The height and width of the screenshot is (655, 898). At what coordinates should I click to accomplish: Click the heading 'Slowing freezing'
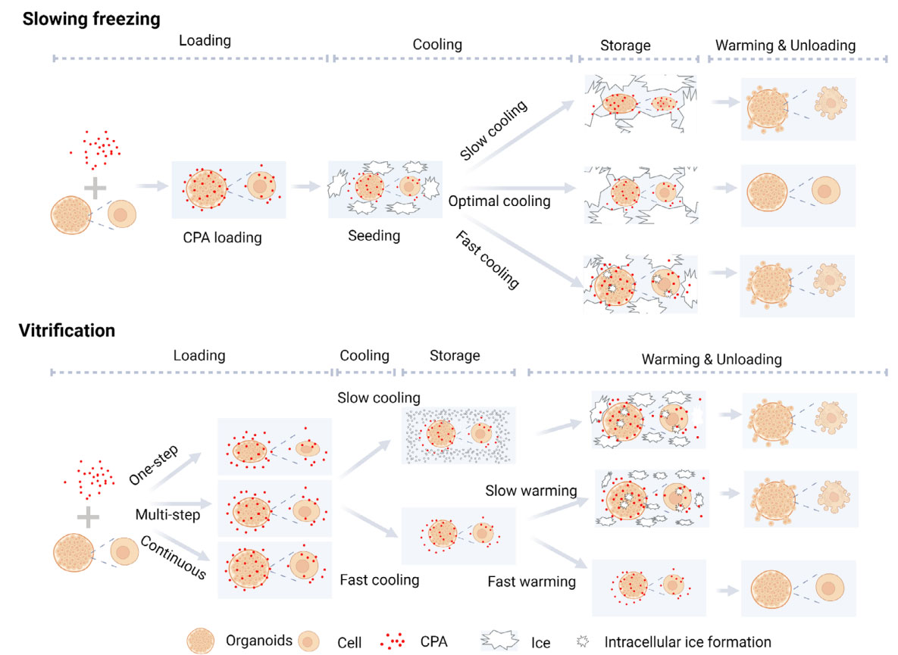(91, 20)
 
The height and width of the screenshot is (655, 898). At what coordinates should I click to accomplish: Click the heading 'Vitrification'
(68, 330)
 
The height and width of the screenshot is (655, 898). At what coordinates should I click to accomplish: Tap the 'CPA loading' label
(222, 238)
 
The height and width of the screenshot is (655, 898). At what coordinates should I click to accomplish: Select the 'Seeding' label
(374, 235)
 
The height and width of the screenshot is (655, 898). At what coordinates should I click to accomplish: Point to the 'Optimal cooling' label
(499, 201)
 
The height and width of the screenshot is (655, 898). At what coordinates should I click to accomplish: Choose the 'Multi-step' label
(167, 515)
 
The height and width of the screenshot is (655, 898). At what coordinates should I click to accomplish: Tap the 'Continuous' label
(174, 557)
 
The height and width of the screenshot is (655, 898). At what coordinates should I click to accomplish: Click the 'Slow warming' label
(530, 491)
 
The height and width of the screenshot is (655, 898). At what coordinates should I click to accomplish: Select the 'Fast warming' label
(531, 582)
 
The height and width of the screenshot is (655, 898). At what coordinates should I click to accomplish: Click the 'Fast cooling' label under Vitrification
(379, 580)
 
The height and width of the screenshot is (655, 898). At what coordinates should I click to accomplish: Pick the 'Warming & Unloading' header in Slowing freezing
(785, 45)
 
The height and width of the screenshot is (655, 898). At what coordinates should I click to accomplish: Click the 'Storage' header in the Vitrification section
(455, 355)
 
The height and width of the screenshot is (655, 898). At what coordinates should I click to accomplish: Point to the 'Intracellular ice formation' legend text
(687, 642)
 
